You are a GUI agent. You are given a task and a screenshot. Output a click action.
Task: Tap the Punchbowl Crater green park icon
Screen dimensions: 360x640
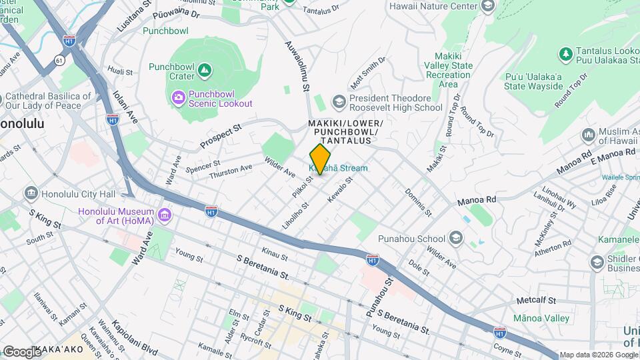click(205, 69)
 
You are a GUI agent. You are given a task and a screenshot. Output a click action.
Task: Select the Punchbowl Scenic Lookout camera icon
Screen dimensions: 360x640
click(179, 98)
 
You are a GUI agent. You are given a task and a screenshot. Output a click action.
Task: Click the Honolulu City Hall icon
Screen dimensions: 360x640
click(31, 194)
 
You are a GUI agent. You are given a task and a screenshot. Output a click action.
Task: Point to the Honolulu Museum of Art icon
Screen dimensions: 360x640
click(165, 215)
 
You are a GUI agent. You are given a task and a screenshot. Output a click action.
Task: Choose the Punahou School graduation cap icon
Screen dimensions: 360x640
click(455, 238)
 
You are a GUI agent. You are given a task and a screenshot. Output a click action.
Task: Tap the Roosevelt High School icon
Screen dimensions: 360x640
click(339, 102)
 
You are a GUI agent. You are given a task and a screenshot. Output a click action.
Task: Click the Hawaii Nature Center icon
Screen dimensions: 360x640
click(487, 7)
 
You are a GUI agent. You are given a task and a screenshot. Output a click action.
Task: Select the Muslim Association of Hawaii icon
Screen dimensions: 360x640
click(589, 135)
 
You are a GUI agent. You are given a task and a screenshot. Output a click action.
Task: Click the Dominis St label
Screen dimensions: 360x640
click(419, 203)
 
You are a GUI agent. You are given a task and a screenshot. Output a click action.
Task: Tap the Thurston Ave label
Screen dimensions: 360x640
click(231, 171)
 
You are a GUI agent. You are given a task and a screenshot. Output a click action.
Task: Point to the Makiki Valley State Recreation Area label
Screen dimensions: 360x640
click(453, 70)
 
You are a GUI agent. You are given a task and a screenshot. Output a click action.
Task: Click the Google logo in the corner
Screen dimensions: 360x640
click(21, 351)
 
